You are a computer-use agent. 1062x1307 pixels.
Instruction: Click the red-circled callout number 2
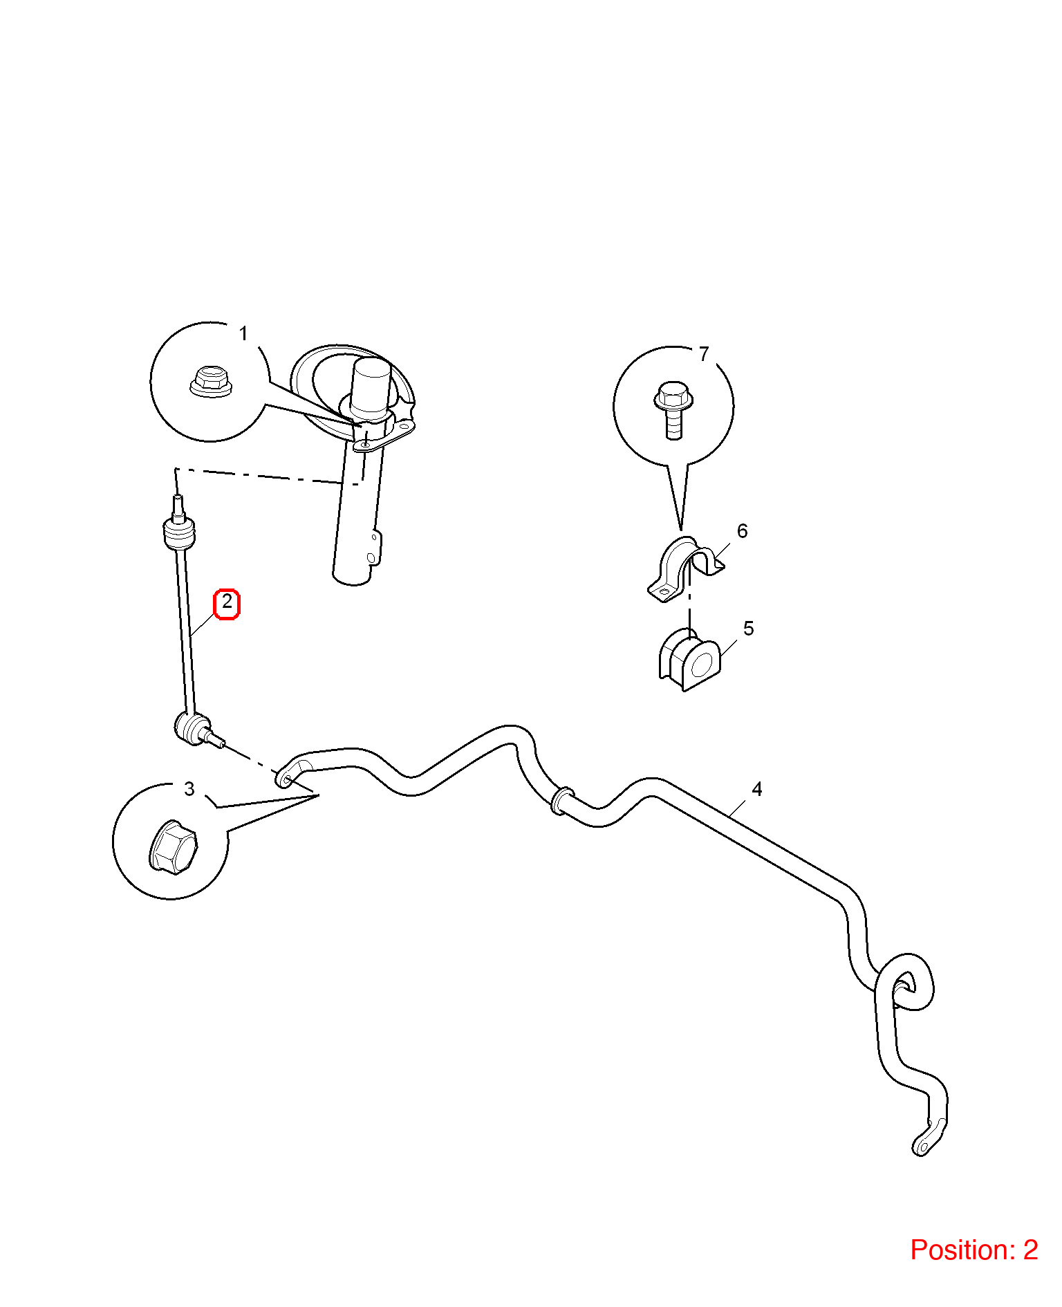[227, 603]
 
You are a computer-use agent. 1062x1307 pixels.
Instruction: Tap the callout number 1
[243, 334]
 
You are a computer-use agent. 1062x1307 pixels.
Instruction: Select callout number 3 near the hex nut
[189, 789]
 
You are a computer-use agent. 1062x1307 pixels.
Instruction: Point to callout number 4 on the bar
[757, 789]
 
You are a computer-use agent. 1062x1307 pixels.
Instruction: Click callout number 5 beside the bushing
[749, 629]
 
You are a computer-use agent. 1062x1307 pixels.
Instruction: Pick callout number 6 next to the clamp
[743, 531]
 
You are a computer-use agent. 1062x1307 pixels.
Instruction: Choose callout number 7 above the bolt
[704, 354]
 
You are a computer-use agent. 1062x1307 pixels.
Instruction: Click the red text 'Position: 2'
[974, 1250]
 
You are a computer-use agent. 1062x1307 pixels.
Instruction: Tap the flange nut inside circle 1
[211, 382]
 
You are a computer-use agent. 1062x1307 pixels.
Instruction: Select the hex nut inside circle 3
[173, 847]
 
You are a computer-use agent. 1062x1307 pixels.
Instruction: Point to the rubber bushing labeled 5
[690, 660]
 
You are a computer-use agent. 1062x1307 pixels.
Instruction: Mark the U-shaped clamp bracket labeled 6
[684, 569]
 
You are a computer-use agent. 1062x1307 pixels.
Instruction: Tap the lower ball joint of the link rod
[193, 730]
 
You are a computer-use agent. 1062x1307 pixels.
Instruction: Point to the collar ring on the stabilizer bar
[561, 800]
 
